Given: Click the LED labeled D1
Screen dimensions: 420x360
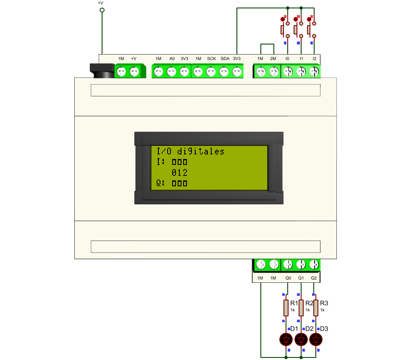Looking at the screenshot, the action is coord(286,340).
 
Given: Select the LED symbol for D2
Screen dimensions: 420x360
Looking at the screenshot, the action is coord(301,340).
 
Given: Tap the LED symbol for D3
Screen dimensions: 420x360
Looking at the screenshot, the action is coord(316,340).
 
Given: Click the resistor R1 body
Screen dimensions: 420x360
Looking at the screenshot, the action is coord(286,308).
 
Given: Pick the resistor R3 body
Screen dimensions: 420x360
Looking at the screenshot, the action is coord(316,308).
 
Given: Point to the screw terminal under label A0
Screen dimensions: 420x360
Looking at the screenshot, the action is coord(171,72).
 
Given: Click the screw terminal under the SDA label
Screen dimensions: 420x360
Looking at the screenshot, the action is coord(224,72).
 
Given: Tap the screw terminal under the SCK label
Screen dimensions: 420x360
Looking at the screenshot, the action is coord(211,72).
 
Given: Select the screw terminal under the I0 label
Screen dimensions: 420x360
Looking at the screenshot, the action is coord(288,72).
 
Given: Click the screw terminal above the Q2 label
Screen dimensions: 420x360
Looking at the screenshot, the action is coord(314,264).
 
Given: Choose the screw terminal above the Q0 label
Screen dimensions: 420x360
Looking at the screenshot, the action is coord(288,264).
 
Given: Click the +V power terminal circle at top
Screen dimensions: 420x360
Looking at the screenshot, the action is coord(102,10).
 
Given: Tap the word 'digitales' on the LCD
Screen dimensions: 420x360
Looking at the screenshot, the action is coord(201,151).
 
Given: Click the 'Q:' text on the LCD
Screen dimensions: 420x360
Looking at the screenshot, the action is coord(160,183).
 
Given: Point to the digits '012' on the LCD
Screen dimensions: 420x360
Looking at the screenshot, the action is coord(179,172).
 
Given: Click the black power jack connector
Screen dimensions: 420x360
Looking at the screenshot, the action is coord(102,70).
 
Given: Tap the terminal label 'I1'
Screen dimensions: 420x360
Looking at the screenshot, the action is coord(301,59).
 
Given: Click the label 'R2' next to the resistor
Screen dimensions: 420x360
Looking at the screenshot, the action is coord(309,303).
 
